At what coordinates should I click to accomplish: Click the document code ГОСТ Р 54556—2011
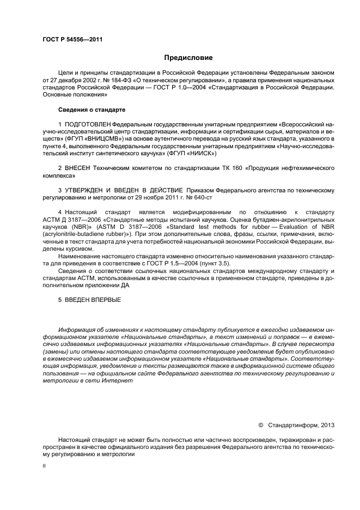[72, 39]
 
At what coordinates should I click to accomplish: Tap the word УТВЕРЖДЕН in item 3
[89, 190]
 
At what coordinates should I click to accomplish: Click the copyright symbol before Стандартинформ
[260, 424]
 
